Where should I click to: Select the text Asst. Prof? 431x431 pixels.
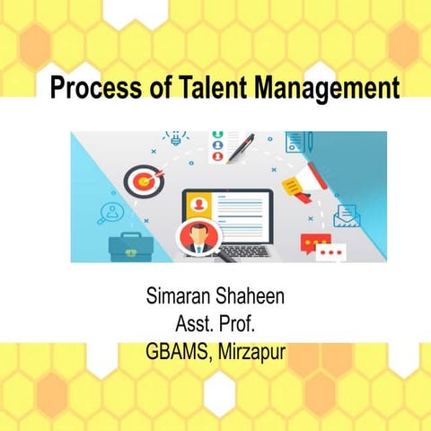point(215,324)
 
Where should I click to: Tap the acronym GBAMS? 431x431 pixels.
point(175,351)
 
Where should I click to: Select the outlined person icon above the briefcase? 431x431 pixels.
point(112,213)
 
